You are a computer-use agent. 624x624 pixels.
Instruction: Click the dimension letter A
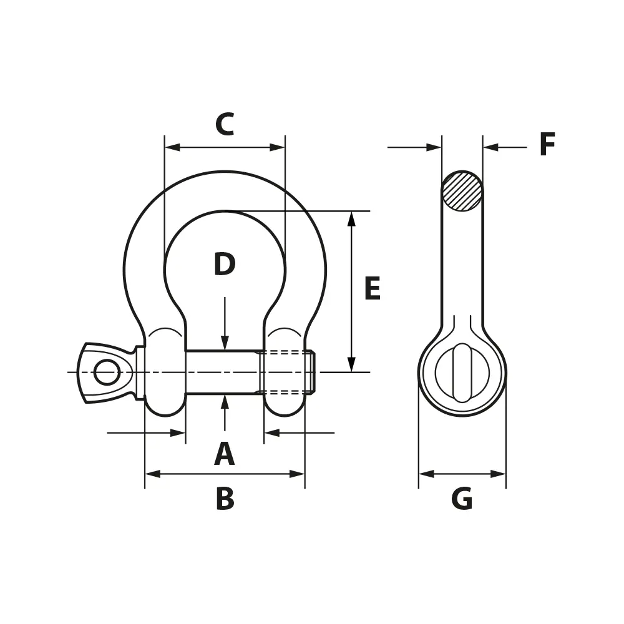pyautogui.click(x=225, y=454)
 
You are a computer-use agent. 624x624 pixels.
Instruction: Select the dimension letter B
pyautogui.click(x=225, y=499)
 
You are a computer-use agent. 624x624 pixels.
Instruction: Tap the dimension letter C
pyautogui.click(x=225, y=125)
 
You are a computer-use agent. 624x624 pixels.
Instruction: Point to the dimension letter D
pyautogui.click(x=225, y=265)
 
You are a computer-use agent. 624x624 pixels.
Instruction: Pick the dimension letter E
pyautogui.click(x=372, y=290)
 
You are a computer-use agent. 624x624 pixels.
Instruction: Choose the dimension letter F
pyautogui.click(x=547, y=145)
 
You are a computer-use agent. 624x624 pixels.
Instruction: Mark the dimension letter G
pyautogui.click(x=462, y=499)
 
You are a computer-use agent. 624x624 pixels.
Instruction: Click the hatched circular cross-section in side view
pyautogui.click(x=462, y=191)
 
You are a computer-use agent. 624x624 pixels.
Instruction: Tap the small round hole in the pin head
pyautogui.click(x=107, y=372)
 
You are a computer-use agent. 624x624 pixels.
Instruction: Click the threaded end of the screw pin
pyautogui.click(x=287, y=373)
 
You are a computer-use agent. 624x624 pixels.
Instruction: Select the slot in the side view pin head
pyautogui.click(x=462, y=373)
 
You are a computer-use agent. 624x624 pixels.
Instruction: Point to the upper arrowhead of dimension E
pyautogui.click(x=351, y=218)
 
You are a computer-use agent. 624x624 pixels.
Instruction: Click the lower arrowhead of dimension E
pyautogui.click(x=351, y=364)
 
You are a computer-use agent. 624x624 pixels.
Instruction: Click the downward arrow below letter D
pyautogui.click(x=225, y=343)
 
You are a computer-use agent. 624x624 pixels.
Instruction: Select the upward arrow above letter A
pyautogui.click(x=225, y=402)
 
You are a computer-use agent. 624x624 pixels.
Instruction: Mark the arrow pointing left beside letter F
pyautogui.click(x=491, y=147)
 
